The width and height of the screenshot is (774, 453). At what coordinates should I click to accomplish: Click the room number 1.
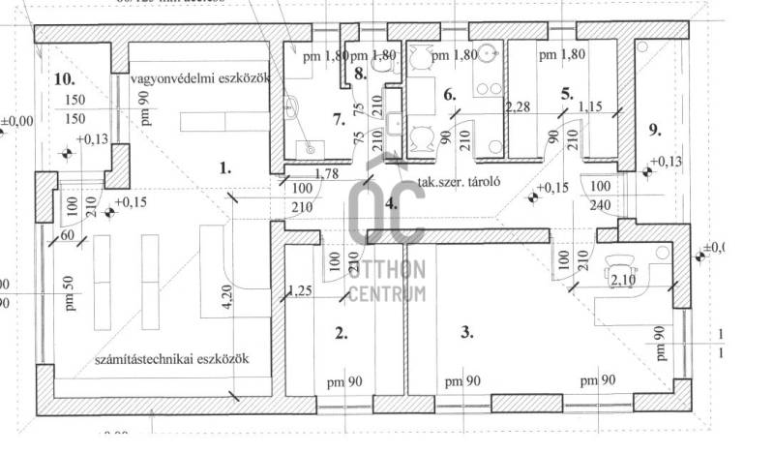(224, 167)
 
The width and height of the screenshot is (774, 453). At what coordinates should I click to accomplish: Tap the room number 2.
(341, 334)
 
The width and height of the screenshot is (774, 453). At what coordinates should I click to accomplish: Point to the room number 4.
(391, 204)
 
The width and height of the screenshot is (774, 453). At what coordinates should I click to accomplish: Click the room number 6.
(448, 95)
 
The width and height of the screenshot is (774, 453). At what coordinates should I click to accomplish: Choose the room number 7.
(338, 120)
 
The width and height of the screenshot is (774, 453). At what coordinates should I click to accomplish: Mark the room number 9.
(655, 129)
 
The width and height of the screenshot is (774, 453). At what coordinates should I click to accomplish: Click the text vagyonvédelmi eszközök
(200, 76)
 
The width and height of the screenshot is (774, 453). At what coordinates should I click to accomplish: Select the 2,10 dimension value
(622, 281)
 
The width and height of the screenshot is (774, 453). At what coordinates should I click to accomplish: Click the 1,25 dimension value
(300, 289)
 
